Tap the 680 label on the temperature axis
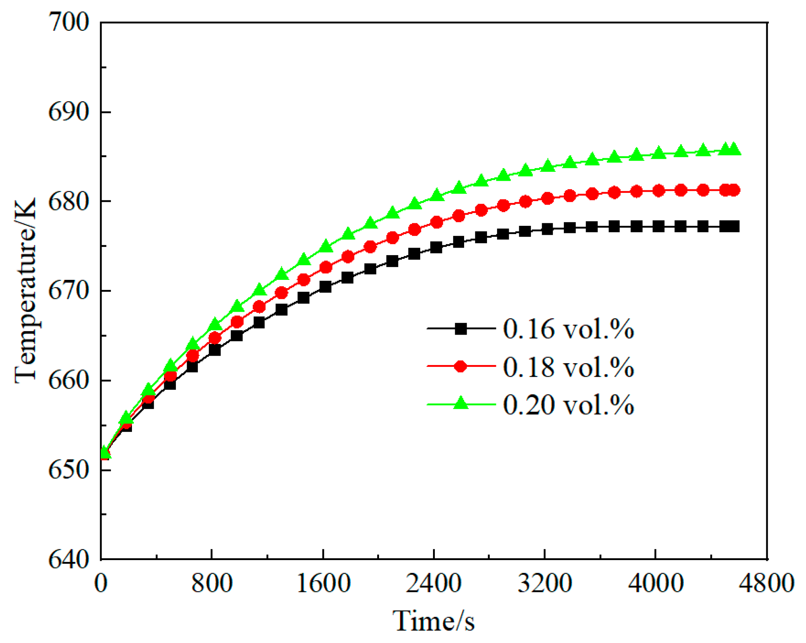tap(69, 201)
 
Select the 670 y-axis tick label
tap(69, 291)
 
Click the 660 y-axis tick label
tap(69, 380)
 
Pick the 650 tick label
tap(69, 470)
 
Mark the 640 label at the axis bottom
tap(69, 559)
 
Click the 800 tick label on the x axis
tap(212, 584)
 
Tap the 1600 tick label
tap(323, 584)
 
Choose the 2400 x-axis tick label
tap(433, 584)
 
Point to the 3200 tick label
tap(544, 584)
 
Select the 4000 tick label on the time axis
tap(655, 584)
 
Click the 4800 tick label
tap(766, 584)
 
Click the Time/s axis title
tap(433, 621)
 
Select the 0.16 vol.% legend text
tap(568, 329)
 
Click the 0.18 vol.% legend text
tap(568, 367)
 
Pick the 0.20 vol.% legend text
tap(568, 405)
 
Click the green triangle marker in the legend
tap(461, 404)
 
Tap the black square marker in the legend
tap(461, 329)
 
